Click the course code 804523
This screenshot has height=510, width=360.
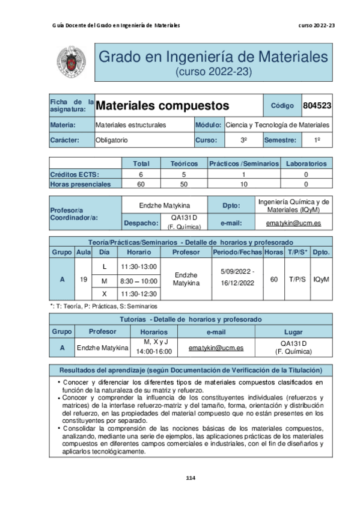317,106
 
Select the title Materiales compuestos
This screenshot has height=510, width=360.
163,106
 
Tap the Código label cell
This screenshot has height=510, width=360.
282,106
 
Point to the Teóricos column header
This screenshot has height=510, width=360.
183,163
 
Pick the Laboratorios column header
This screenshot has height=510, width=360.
306,163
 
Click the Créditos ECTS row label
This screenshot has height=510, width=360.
75,174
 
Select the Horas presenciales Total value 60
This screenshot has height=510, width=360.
141,184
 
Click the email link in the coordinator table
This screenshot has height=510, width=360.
293,223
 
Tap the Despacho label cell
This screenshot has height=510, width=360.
141,223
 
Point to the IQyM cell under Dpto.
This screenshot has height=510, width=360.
321,279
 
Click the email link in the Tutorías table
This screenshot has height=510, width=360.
216,348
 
